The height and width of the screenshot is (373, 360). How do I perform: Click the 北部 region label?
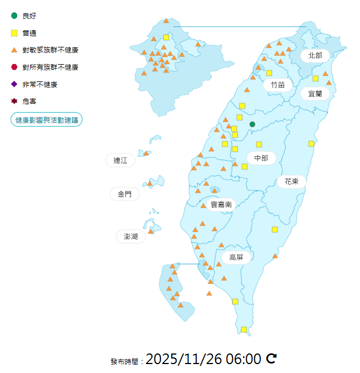coord(315,55)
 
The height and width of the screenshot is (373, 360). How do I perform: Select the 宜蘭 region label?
coord(315,93)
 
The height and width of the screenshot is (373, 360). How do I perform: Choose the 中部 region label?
coord(261,158)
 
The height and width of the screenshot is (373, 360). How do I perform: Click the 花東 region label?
coord(291,181)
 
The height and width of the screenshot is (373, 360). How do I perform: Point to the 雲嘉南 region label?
coord(221,205)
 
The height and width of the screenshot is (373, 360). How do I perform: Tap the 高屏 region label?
coord(236,257)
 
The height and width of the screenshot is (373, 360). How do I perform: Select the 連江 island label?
coord(120,161)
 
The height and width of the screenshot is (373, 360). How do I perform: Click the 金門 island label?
coord(124,194)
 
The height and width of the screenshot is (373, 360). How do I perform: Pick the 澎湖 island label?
coord(131,236)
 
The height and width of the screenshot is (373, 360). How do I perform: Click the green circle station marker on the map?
coord(252,124)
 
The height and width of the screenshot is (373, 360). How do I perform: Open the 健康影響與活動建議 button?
coord(47,120)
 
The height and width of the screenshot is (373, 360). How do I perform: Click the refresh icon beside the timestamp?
coord(271,358)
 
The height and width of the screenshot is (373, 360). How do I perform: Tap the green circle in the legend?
coord(14,16)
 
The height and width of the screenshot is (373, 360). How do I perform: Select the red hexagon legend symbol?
coord(14,67)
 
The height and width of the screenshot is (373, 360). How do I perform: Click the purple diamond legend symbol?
coord(14,84)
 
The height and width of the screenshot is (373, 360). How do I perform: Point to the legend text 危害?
coord(30,101)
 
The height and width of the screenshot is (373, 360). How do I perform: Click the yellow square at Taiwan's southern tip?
coord(244,330)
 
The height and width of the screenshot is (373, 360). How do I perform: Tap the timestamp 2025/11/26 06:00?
coord(203,359)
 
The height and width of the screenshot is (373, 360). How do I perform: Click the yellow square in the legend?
coord(14,33)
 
